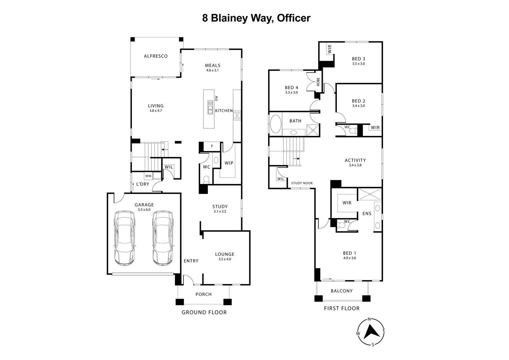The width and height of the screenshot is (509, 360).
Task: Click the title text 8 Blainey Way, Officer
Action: pos(256,18)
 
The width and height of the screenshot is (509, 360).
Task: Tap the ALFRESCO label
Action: pos(156,56)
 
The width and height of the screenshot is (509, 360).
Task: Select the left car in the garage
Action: pos(125,238)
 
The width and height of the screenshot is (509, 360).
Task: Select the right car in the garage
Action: pos(163,238)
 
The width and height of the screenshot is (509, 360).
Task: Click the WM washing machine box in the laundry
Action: pos(148,176)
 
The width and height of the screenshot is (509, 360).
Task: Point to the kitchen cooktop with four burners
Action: pos(237,115)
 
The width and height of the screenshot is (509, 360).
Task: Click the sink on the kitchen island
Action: pos(210,107)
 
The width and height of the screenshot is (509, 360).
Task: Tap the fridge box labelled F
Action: pos(212,146)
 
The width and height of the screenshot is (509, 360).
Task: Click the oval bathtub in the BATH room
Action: pos(275,124)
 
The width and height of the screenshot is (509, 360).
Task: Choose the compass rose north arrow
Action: pos(370,332)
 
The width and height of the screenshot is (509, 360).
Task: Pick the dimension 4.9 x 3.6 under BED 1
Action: pos(349,258)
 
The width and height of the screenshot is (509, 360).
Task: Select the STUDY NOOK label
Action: pos(302,183)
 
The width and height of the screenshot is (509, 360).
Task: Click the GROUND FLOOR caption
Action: pos(204,312)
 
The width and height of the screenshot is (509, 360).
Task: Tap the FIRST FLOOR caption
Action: pos(342,308)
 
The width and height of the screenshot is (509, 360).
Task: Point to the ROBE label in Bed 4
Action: pos(318,82)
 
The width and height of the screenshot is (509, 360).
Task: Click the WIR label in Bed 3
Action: pos(329,49)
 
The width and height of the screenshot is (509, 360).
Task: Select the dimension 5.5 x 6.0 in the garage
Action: pos(144,210)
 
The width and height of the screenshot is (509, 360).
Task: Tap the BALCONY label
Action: pos(341,291)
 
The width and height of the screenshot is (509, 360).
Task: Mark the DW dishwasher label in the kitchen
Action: pos(216,98)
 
